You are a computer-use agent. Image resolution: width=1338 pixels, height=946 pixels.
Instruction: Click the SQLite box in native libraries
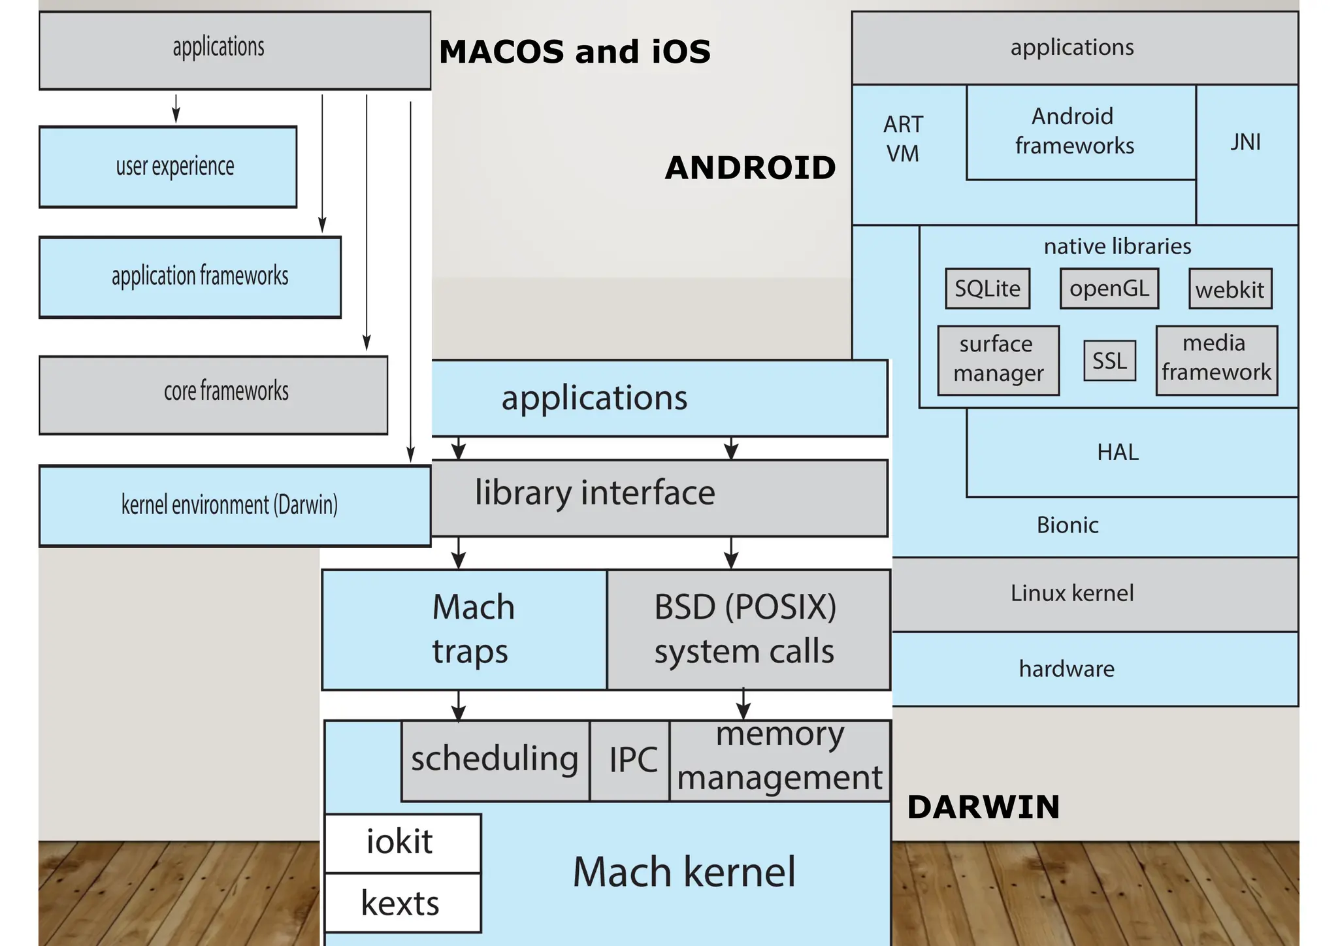pos(987,289)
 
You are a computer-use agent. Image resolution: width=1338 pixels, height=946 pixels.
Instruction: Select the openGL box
pos(1109,289)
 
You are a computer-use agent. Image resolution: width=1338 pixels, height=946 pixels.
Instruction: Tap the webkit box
pos(1230,289)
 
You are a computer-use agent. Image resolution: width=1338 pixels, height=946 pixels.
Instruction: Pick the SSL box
pos(1109,361)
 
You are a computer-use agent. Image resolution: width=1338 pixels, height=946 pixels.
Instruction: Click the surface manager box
pos(998,360)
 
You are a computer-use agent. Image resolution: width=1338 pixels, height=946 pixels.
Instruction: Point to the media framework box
pos(1216,360)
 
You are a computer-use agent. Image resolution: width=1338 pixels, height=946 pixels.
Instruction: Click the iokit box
pos(401,842)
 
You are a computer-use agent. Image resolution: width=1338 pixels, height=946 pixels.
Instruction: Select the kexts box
pos(401,904)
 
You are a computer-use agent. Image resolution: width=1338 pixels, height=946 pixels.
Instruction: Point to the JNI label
pos(1245,142)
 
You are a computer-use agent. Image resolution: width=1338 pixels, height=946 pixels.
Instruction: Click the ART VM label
pos(903,139)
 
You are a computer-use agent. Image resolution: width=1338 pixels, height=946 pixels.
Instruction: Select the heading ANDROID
pos(750,168)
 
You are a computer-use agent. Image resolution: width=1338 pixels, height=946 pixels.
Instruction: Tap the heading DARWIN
pos(983,807)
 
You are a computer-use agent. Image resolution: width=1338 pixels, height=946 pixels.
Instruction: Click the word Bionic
pos(1068,525)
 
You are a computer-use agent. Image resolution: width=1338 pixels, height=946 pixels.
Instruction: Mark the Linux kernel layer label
pos(1071,593)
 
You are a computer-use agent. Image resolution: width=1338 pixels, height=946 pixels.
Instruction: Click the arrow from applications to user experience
pos(176,108)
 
